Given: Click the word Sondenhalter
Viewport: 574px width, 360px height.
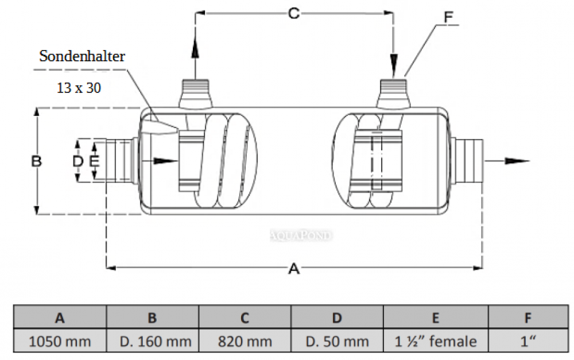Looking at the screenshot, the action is tap(82, 56).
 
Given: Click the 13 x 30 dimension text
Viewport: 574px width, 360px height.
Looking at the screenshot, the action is tap(79, 88).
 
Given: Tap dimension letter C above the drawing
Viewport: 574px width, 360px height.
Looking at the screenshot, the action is tap(294, 14).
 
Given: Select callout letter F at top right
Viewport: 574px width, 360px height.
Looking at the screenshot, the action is tap(448, 17).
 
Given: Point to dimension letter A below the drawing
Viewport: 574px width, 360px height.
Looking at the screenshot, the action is tap(294, 269).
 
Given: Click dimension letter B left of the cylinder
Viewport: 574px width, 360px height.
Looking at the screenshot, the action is tap(37, 161).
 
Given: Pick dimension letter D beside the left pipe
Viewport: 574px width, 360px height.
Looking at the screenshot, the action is tap(77, 161).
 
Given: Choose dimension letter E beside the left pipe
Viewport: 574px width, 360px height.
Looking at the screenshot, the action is tap(95, 161).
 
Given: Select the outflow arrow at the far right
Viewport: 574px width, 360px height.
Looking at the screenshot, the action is tap(507, 161).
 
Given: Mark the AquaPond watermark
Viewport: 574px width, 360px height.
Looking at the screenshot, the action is tap(301, 235).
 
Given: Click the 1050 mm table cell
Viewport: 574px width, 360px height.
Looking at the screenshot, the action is tap(60, 341).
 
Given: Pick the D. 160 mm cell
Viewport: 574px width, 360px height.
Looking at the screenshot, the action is tap(152, 341).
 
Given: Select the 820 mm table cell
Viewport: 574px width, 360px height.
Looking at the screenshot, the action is tap(245, 341).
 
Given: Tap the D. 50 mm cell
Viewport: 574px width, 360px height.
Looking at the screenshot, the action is tap(337, 341).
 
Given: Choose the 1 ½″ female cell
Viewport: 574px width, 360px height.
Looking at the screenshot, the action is tap(436, 341).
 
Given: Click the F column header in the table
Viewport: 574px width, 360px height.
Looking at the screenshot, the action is tap(528, 318).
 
